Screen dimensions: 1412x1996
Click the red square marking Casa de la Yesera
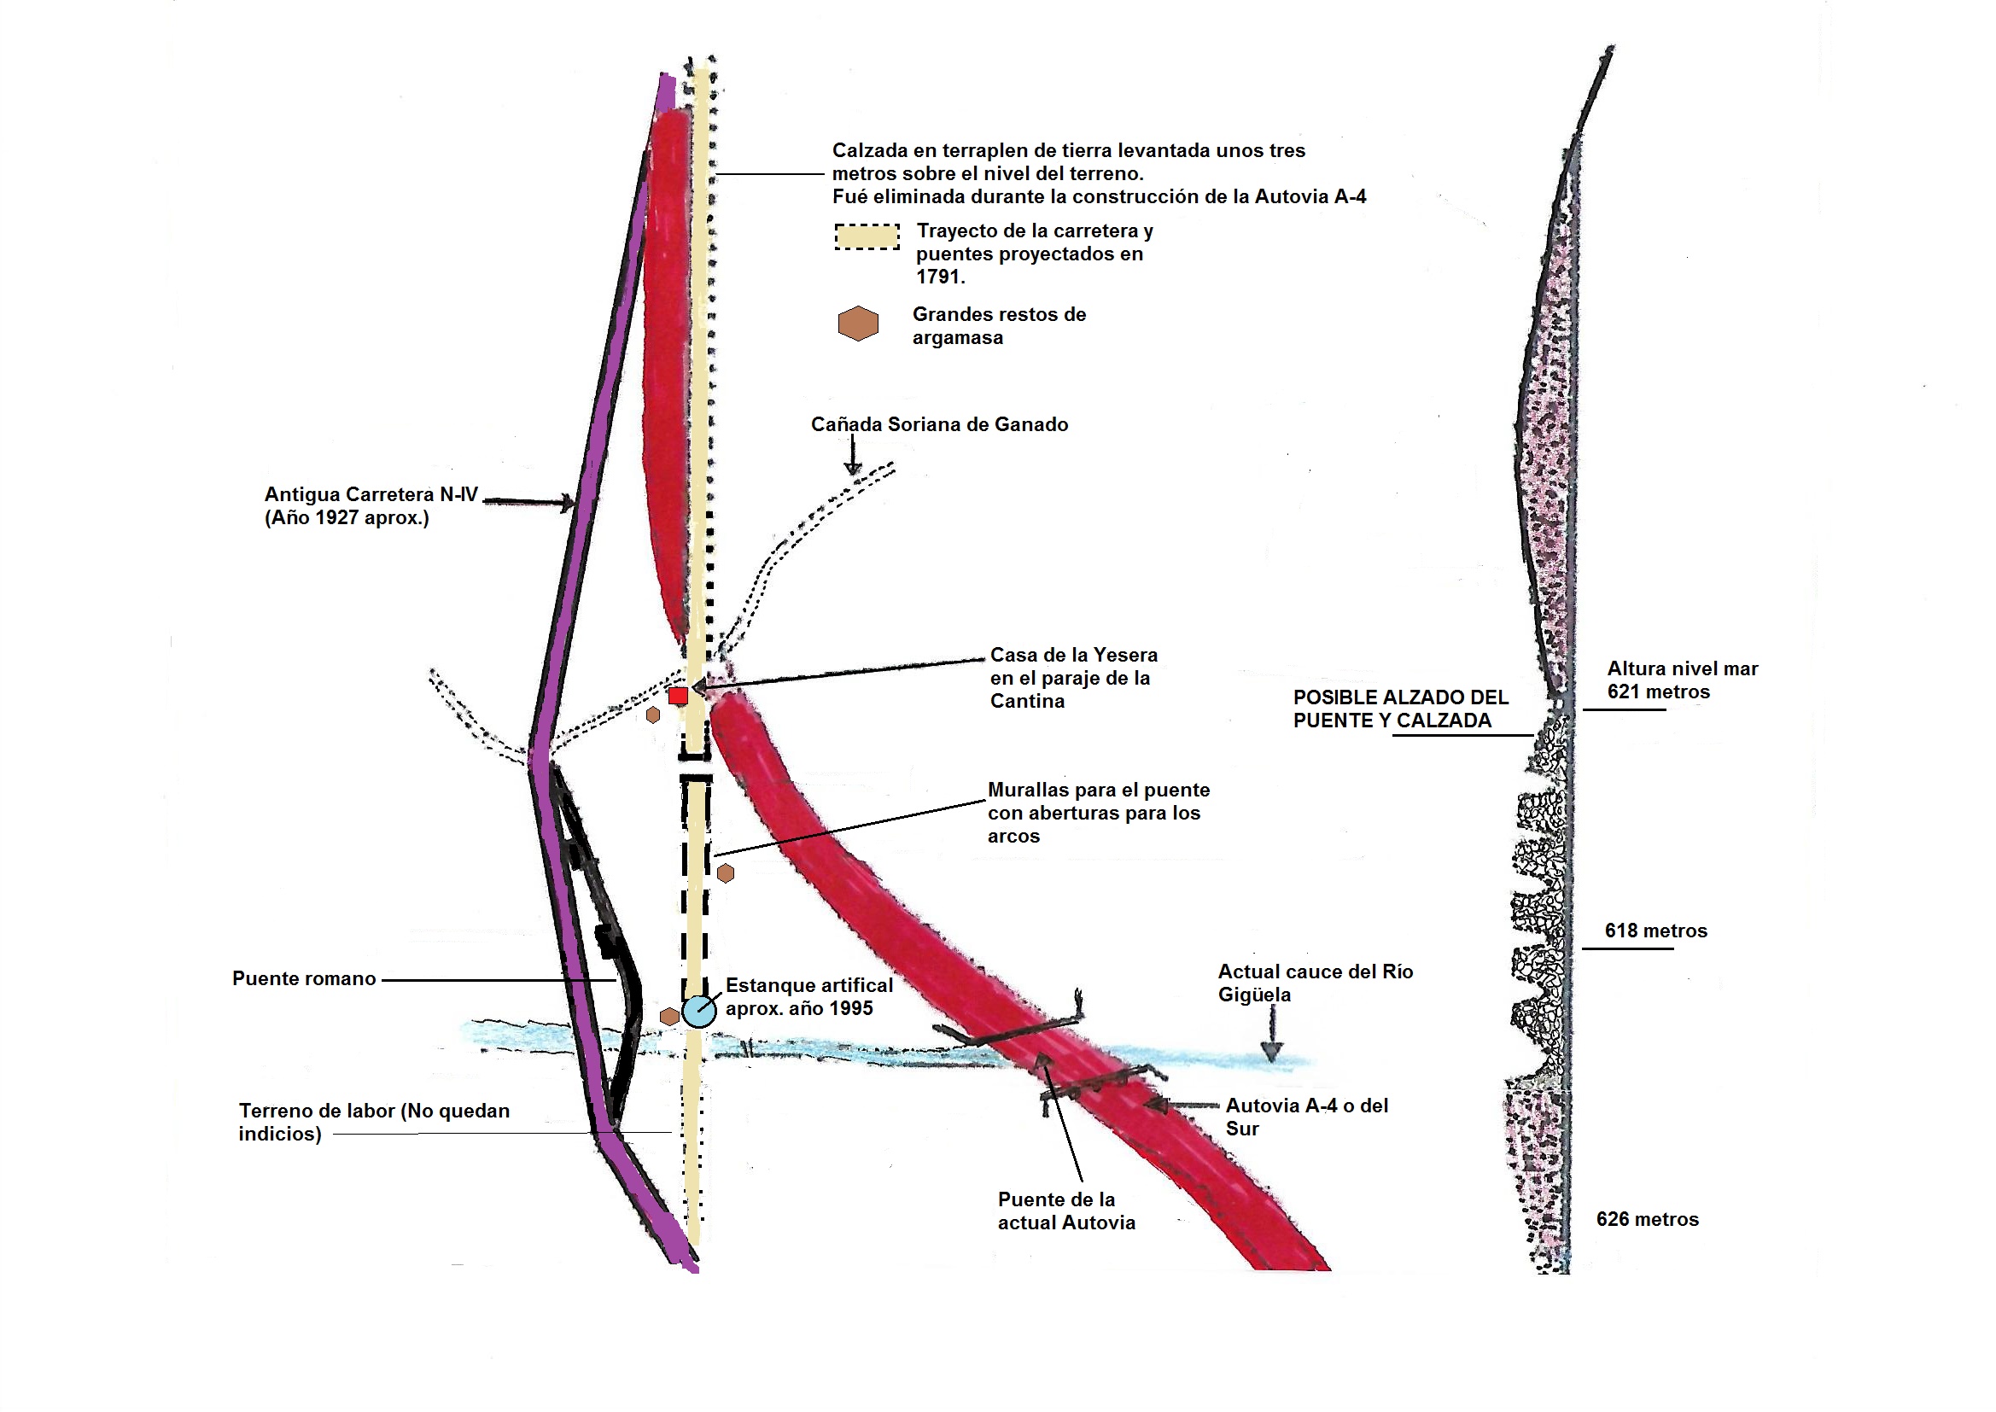(678, 696)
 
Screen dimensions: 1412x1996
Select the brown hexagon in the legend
(858, 324)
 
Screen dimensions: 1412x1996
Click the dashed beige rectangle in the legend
(867, 236)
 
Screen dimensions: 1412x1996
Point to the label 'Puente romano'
(303, 979)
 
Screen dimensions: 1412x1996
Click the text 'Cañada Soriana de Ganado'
(939, 425)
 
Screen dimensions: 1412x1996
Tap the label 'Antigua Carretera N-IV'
(371, 496)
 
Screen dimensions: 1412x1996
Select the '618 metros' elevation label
(1655, 931)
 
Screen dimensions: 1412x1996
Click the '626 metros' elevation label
(1647, 1220)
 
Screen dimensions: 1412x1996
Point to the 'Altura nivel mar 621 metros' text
(1681, 680)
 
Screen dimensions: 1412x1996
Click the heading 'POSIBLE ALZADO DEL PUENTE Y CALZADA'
(1399, 709)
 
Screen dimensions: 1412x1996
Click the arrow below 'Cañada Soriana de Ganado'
(853, 458)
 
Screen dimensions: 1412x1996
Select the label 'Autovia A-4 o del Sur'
(1305, 1117)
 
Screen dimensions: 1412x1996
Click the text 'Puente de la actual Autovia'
(1065, 1211)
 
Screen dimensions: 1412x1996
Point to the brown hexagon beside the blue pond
(669, 1017)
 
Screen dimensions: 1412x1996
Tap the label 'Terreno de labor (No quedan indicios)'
(373, 1123)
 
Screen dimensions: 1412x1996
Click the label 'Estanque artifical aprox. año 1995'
(808, 997)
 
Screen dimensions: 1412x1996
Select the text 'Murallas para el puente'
(1098, 791)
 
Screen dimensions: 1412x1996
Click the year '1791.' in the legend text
(940, 277)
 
